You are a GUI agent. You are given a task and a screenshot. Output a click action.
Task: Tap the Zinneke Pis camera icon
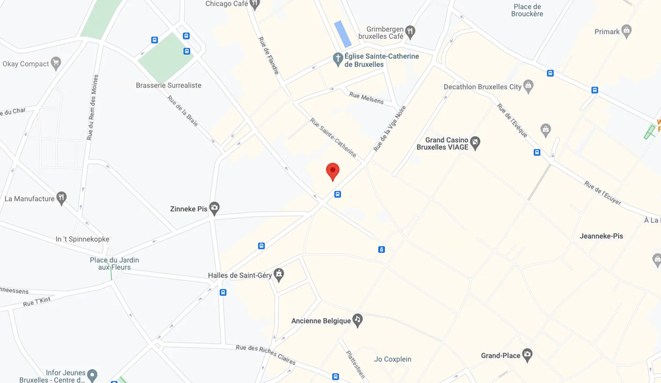(x=214, y=208)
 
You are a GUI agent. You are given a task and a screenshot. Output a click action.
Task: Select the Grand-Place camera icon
(x=527, y=355)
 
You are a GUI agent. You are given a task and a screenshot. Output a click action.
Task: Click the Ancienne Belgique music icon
(x=358, y=320)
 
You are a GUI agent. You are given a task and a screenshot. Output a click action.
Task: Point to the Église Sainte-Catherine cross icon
(x=338, y=59)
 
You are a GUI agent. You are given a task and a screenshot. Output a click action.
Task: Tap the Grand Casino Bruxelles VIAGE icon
(x=475, y=143)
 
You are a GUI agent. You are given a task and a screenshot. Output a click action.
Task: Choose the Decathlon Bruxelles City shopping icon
(x=528, y=86)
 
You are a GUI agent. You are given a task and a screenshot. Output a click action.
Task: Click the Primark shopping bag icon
(x=626, y=31)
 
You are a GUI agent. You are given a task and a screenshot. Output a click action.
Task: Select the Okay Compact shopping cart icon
(x=56, y=63)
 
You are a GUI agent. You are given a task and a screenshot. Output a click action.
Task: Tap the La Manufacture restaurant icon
(x=62, y=198)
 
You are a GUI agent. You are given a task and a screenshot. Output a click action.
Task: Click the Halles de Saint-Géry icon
(x=279, y=274)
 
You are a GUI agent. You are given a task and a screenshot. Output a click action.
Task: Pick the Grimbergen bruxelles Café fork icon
(x=410, y=32)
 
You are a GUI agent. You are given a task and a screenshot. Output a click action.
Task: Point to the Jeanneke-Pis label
(x=601, y=236)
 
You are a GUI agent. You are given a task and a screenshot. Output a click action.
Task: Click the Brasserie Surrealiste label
(x=168, y=85)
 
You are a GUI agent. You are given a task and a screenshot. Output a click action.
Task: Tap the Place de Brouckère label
(x=527, y=10)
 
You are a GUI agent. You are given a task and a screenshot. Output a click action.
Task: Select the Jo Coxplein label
(x=392, y=359)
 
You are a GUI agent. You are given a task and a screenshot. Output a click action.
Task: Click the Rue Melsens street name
(x=366, y=98)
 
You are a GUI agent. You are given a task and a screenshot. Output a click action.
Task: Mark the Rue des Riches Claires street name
(x=266, y=354)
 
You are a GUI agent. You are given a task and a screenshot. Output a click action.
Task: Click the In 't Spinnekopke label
(x=83, y=239)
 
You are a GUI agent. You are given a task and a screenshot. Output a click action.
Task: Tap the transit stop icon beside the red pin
(x=338, y=194)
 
